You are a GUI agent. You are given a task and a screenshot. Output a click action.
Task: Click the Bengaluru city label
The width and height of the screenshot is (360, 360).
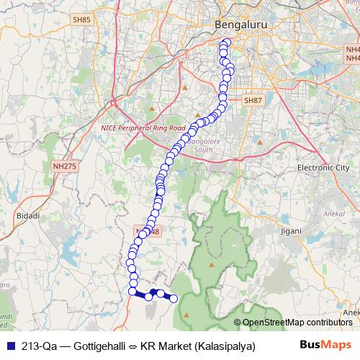(x=237, y=26)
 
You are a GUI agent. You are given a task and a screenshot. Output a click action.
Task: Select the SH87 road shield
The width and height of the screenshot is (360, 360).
(x=253, y=102)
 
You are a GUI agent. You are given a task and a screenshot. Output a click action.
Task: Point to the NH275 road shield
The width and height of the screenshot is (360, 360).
(x=64, y=166)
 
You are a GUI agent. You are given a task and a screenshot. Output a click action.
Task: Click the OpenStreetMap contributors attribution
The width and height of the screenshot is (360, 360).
(x=297, y=322)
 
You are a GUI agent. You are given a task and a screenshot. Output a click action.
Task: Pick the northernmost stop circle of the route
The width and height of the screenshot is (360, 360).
(x=226, y=42)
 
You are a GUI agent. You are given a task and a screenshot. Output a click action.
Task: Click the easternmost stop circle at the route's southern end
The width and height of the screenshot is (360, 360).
(x=173, y=298)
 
